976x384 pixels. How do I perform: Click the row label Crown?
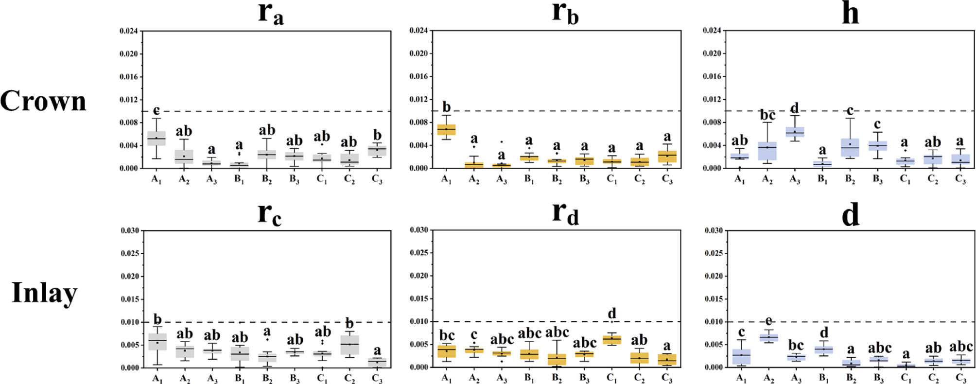(43, 101)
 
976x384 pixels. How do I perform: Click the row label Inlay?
(44, 293)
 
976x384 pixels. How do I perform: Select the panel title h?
(850, 14)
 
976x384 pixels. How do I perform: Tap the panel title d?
(850, 214)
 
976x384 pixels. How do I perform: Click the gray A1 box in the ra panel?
(157, 138)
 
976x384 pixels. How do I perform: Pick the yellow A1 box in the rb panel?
(446, 130)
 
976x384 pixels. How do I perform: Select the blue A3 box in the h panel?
(795, 132)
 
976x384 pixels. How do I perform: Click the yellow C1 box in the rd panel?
(611, 339)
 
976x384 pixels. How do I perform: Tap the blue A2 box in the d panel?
(768, 337)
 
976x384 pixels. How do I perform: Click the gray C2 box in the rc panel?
(349, 345)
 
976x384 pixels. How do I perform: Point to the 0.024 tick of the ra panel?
(129, 31)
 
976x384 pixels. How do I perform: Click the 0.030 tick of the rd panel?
(419, 230)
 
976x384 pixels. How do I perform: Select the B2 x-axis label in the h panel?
(850, 179)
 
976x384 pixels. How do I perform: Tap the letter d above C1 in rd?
(612, 313)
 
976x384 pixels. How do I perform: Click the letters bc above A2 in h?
(767, 115)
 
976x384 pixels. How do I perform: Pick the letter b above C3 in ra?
(377, 135)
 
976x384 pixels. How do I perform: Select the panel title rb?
(565, 14)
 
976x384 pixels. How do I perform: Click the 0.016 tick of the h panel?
(712, 76)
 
